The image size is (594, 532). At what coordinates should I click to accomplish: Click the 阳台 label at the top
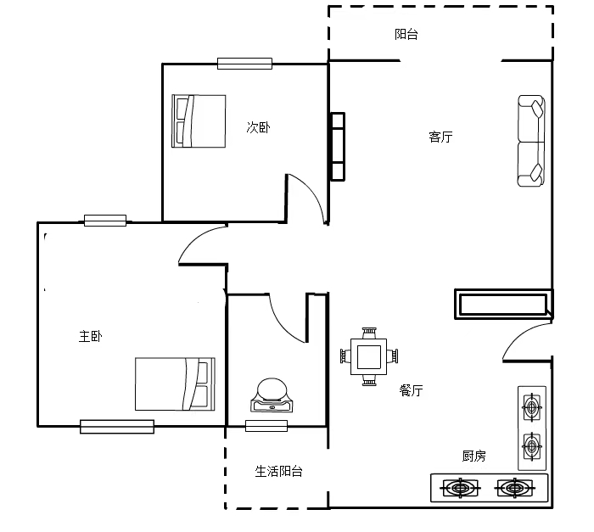(x=406, y=35)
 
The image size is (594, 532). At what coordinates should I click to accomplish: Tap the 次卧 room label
(x=258, y=127)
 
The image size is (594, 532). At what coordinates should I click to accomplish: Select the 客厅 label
(x=440, y=137)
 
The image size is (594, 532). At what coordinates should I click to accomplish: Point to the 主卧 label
(x=90, y=336)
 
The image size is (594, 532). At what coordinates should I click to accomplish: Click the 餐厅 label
(x=411, y=390)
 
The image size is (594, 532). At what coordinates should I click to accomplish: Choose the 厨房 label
(x=474, y=456)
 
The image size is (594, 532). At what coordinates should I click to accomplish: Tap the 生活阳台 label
(x=279, y=472)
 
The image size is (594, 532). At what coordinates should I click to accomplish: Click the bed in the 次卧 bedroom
(x=199, y=120)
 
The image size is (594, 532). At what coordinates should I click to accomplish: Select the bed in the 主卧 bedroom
(x=175, y=384)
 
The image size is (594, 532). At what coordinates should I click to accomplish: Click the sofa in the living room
(x=531, y=141)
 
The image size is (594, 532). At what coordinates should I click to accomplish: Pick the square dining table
(x=369, y=356)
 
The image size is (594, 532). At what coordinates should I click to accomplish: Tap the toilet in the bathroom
(x=272, y=395)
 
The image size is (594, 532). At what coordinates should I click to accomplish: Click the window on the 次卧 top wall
(x=244, y=64)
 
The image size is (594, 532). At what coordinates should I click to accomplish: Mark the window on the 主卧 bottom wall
(x=117, y=427)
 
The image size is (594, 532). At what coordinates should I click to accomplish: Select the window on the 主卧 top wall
(x=105, y=221)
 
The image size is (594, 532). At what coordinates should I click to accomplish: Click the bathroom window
(x=266, y=426)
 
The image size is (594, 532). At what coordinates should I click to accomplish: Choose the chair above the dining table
(x=369, y=333)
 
